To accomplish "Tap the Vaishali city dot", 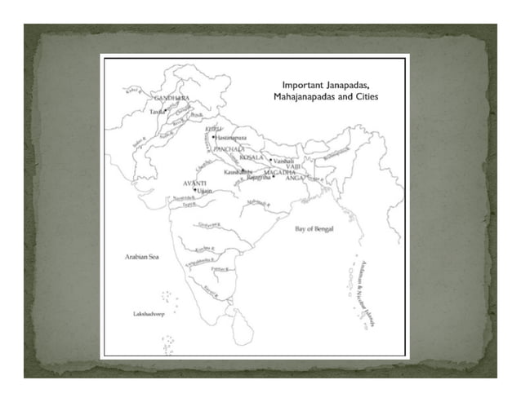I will [x=271, y=160].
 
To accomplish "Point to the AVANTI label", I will [x=194, y=182].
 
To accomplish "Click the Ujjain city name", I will [x=204, y=191].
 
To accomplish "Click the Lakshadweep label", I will [x=149, y=313].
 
